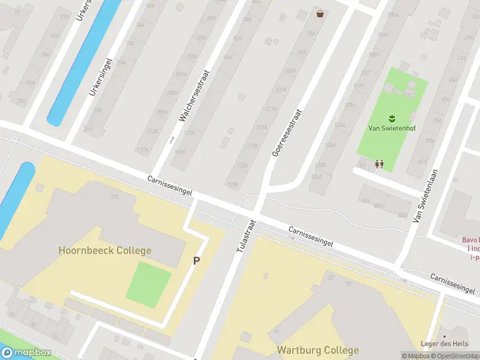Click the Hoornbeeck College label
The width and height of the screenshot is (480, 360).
point(105,250)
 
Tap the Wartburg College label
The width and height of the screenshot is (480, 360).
point(317,350)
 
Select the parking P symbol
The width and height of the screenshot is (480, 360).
point(196,261)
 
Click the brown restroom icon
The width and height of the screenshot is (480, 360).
point(379,163)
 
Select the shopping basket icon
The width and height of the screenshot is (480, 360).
point(321,13)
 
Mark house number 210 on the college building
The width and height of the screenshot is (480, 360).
point(114,196)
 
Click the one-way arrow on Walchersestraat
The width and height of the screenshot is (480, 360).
point(172,140)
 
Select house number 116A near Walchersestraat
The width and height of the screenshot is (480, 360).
point(179,152)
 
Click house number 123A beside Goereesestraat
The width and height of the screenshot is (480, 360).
point(242,165)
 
